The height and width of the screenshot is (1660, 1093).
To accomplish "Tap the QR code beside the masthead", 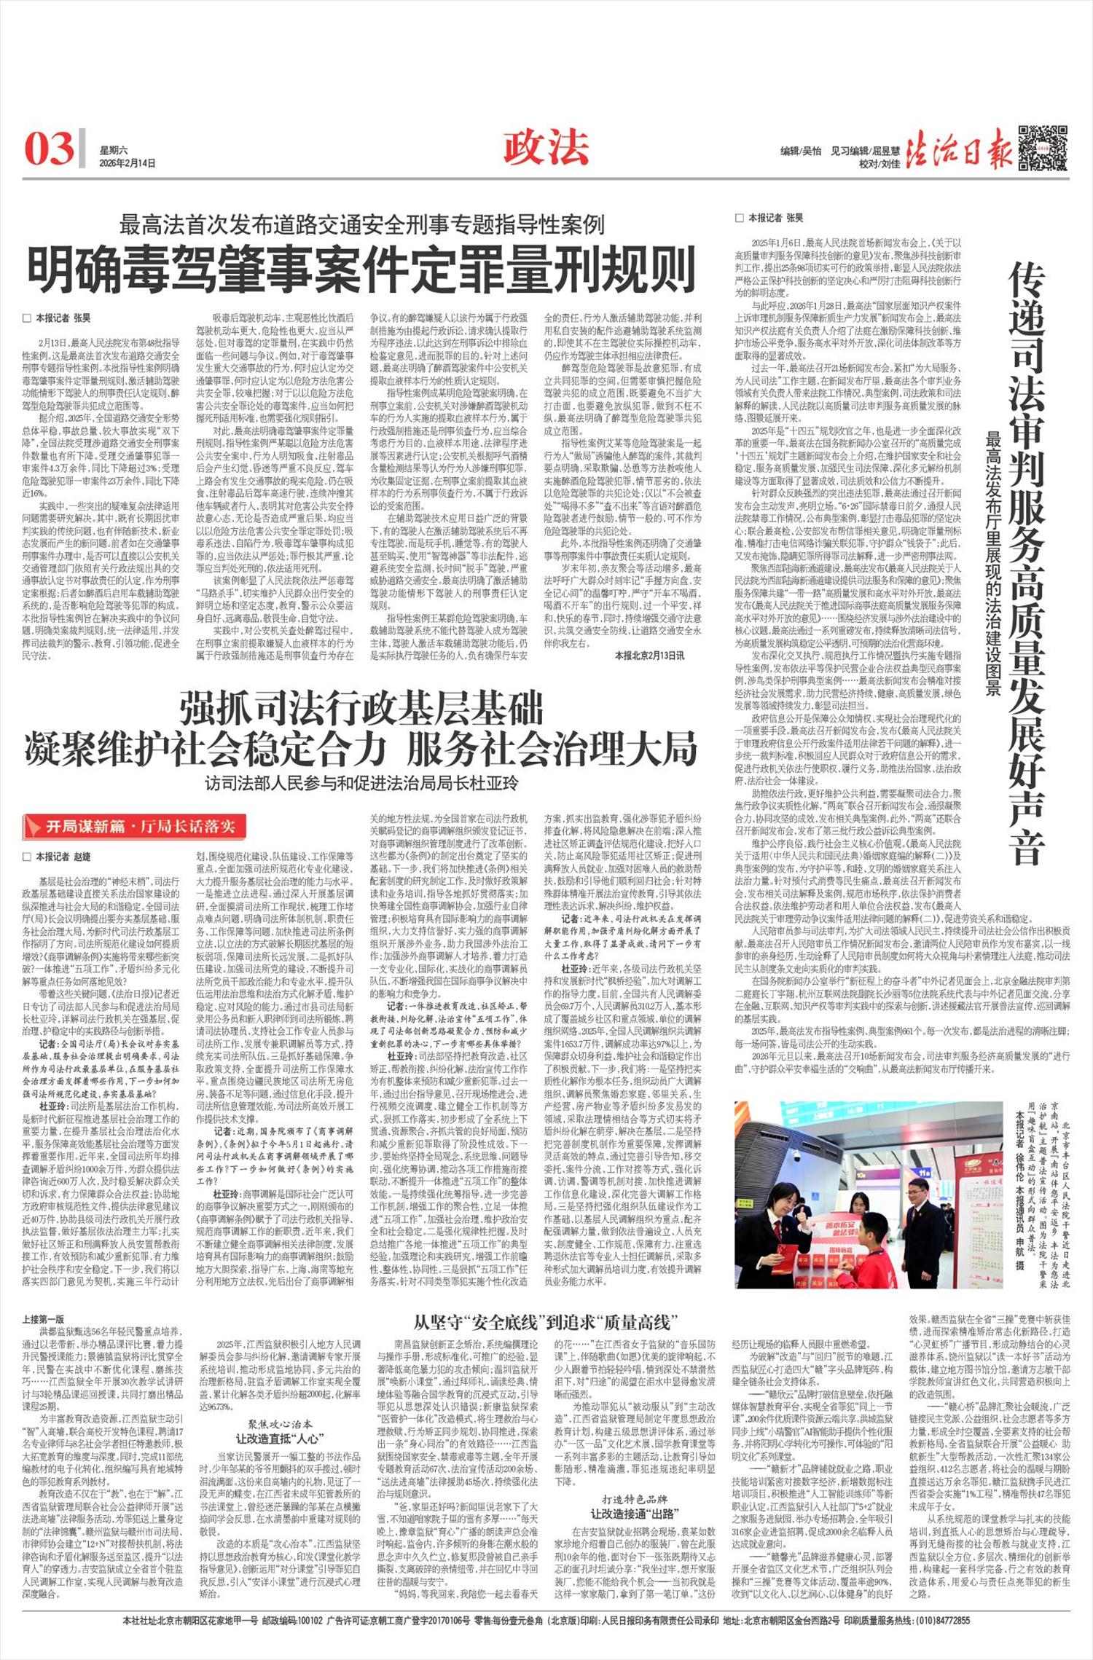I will tap(1042, 148).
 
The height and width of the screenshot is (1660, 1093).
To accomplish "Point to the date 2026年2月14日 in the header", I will tap(128, 163).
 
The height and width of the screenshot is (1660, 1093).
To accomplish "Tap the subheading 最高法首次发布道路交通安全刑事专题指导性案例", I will tap(362, 224).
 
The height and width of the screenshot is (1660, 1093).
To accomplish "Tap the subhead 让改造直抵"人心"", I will tap(280, 1438).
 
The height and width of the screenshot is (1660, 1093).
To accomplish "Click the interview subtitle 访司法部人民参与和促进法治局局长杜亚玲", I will tap(361, 783).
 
